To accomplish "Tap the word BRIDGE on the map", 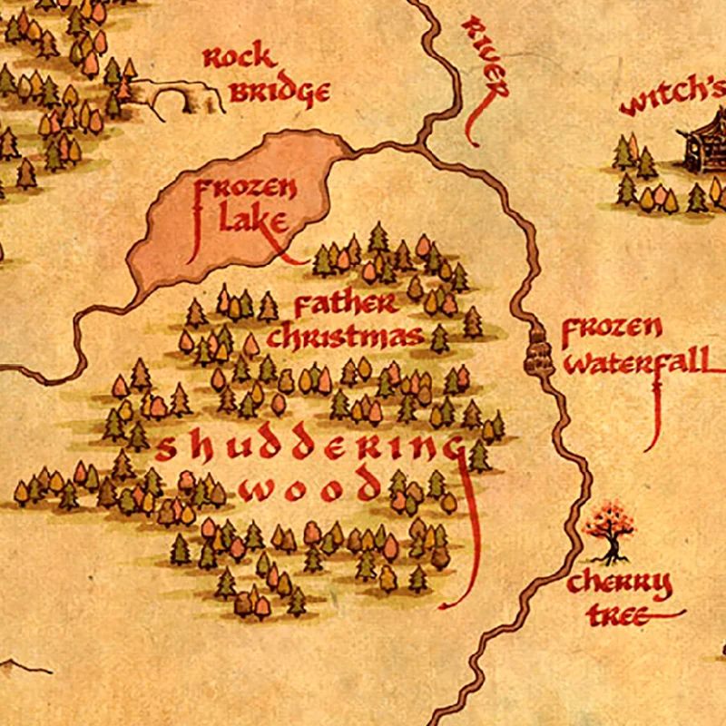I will click(278, 92).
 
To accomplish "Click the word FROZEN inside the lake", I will click(245, 191).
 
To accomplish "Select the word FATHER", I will click(345, 305).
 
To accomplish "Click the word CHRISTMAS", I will click(345, 336).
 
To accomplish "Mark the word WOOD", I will click(309, 488).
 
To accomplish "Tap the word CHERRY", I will click(620, 584).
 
